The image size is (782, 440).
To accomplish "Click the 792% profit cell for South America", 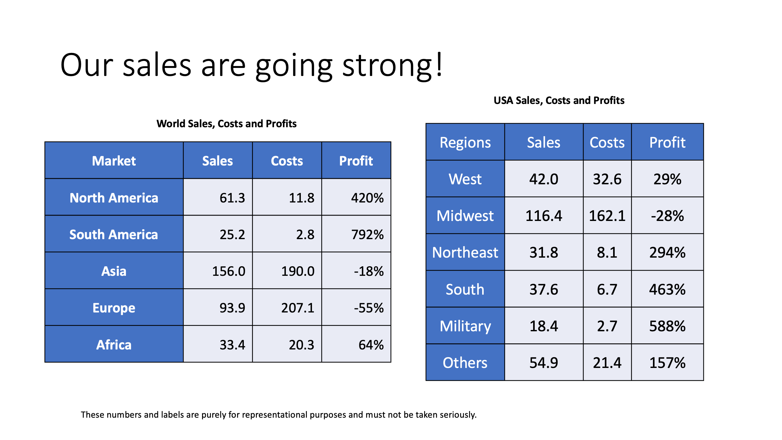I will pyautogui.click(x=367, y=235).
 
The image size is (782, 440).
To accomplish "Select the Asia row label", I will pyautogui.click(x=114, y=271).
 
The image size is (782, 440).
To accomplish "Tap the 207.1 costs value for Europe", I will pyautogui.click(x=298, y=308).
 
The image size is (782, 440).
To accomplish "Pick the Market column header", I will pyautogui.click(x=114, y=161).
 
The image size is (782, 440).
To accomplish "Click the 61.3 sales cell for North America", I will pyautogui.click(x=232, y=198).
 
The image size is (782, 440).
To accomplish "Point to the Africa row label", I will pyautogui.click(x=114, y=345).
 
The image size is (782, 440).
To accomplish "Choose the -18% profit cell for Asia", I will pyautogui.click(x=369, y=271).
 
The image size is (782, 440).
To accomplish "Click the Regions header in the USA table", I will pyautogui.click(x=465, y=143).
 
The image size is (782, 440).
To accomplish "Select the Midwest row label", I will pyautogui.click(x=465, y=216).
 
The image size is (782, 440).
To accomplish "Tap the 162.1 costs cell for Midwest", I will pyautogui.click(x=607, y=216).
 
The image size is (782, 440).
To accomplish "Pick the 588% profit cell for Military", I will pyautogui.click(x=667, y=326).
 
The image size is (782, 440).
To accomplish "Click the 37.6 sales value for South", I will pyautogui.click(x=544, y=290).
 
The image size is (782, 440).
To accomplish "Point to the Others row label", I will pyautogui.click(x=465, y=363).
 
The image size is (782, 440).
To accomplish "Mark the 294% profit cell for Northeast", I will pyautogui.click(x=667, y=253).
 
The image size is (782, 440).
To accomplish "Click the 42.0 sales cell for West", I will pyautogui.click(x=544, y=179).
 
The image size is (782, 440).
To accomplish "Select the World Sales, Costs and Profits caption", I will pyautogui.click(x=226, y=124).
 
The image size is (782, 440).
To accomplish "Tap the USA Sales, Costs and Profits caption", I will pyautogui.click(x=559, y=100).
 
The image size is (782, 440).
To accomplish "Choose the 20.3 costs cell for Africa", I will pyautogui.click(x=301, y=345).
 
